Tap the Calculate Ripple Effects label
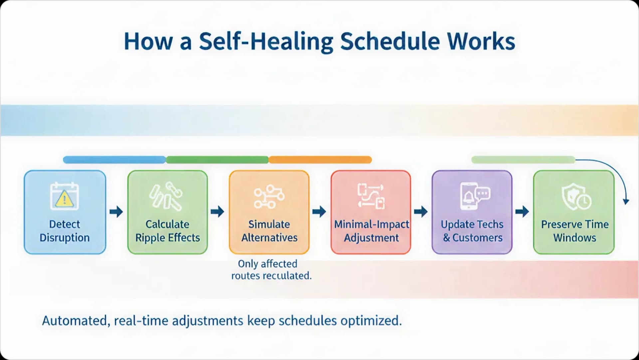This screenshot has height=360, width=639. point(167,231)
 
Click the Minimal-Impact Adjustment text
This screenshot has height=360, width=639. point(371,231)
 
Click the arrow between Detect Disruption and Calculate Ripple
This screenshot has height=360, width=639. point(116,212)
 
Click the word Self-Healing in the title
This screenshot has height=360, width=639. point(266,42)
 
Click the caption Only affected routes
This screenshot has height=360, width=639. point(271,270)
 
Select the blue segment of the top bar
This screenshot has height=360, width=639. point(114,160)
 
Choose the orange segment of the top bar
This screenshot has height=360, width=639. point(320,160)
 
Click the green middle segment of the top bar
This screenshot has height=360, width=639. point(217,160)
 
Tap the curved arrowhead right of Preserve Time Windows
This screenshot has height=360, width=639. point(626,201)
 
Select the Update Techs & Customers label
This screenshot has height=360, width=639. point(472,231)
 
